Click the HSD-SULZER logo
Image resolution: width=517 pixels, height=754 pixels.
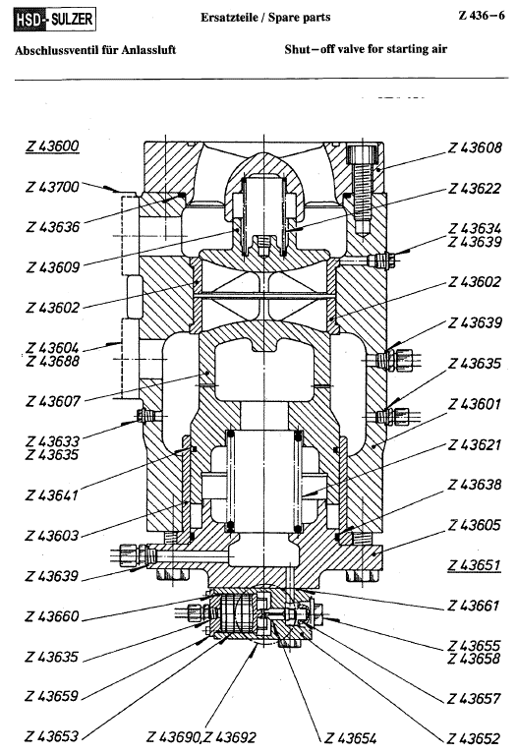pos(54,20)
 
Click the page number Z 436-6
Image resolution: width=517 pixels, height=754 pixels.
pos(482,16)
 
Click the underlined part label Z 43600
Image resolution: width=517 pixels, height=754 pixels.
pos(52,146)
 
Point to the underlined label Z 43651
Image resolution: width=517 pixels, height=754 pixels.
pos(474,565)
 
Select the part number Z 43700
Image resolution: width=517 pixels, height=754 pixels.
pos(52,187)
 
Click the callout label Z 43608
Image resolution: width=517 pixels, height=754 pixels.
pos(475,147)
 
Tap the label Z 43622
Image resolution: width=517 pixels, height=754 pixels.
pos(475,189)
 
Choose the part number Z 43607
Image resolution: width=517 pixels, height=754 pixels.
pos(53,400)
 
